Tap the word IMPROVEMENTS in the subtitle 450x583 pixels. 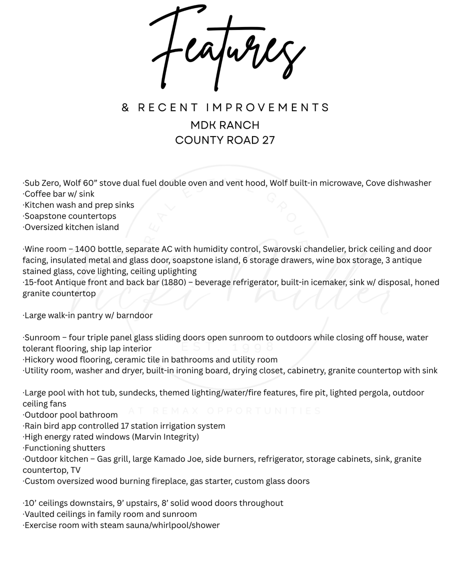[x=267, y=108]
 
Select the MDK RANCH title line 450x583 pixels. [x=225, y=125]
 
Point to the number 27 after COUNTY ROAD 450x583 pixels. [x=268, y=140]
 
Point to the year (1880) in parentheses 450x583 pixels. [x=175, y=282]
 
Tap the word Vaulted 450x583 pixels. [x=39, y=514]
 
